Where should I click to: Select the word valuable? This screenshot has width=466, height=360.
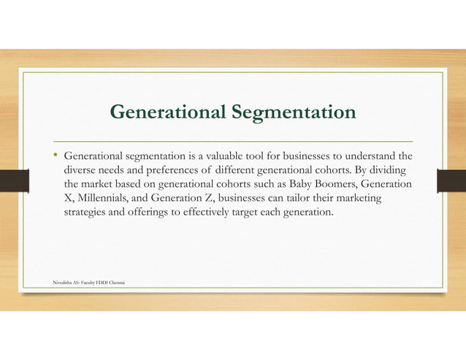point(213,156)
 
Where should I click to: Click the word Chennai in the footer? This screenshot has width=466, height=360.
point(115,280)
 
